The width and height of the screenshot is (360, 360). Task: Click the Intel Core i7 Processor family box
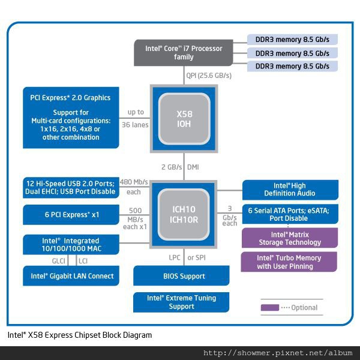pos(184,53)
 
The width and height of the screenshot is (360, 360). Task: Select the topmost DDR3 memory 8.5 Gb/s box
pos(292,40)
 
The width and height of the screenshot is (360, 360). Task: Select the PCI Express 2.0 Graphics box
pos(70,117)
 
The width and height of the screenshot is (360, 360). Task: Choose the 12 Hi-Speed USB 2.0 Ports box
pos(70,187)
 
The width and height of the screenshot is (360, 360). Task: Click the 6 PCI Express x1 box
pos(70,215)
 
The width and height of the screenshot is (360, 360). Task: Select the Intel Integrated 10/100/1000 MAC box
pos(70,244)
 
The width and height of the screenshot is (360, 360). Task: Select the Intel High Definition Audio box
pos(290,190)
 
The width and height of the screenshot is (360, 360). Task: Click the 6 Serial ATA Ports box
pos(290,215)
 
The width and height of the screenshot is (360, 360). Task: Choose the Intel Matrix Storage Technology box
pos(290,238)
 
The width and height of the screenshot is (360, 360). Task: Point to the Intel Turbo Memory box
pos(290,262)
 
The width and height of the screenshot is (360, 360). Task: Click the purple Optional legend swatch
pos(269,307)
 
